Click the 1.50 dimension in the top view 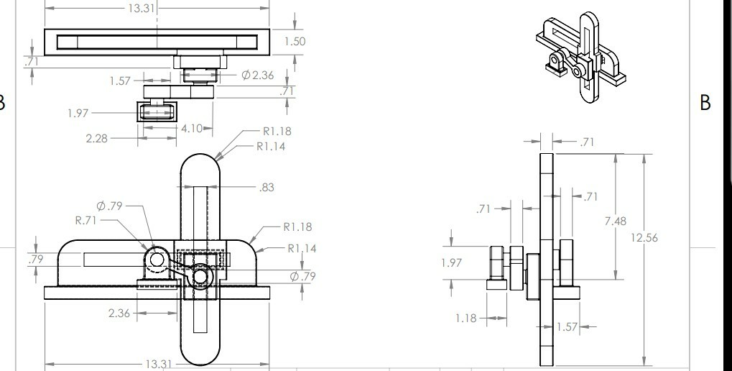pos(295,42)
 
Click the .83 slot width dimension pos(267,188)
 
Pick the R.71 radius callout pos(86,221)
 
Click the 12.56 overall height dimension pos(644,238)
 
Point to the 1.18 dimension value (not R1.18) pos(465,317)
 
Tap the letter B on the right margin pos(705,103)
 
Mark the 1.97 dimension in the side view pos(451,263)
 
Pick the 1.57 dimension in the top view pos(121,81)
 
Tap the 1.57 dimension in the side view pos(567,327)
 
